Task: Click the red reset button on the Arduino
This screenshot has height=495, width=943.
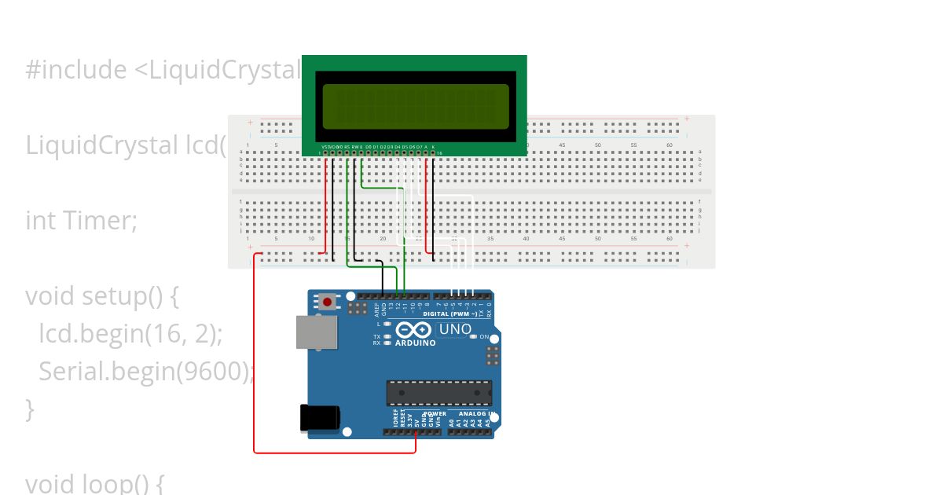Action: [x=327, y=301]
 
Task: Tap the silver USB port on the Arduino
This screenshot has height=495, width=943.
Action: [x=316, y=332]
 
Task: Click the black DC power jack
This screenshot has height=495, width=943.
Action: [x=319, y=417]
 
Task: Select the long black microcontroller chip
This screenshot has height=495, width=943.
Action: [x=438, y=393]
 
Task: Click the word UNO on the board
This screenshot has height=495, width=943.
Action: [x=454, y=329]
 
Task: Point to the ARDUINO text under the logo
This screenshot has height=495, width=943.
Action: [x=415, y=343]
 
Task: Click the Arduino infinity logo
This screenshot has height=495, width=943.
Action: [x=413, y=330]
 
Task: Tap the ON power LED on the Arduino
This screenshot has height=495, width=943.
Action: [x=474, y=336]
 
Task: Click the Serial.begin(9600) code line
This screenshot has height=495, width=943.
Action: [x=146, y=371]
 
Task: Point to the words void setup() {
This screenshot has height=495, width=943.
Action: [x=102, y=296]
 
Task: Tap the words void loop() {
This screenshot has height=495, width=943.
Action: [x=94, y=482]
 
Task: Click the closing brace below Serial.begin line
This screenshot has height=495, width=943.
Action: [x=30, y=409]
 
